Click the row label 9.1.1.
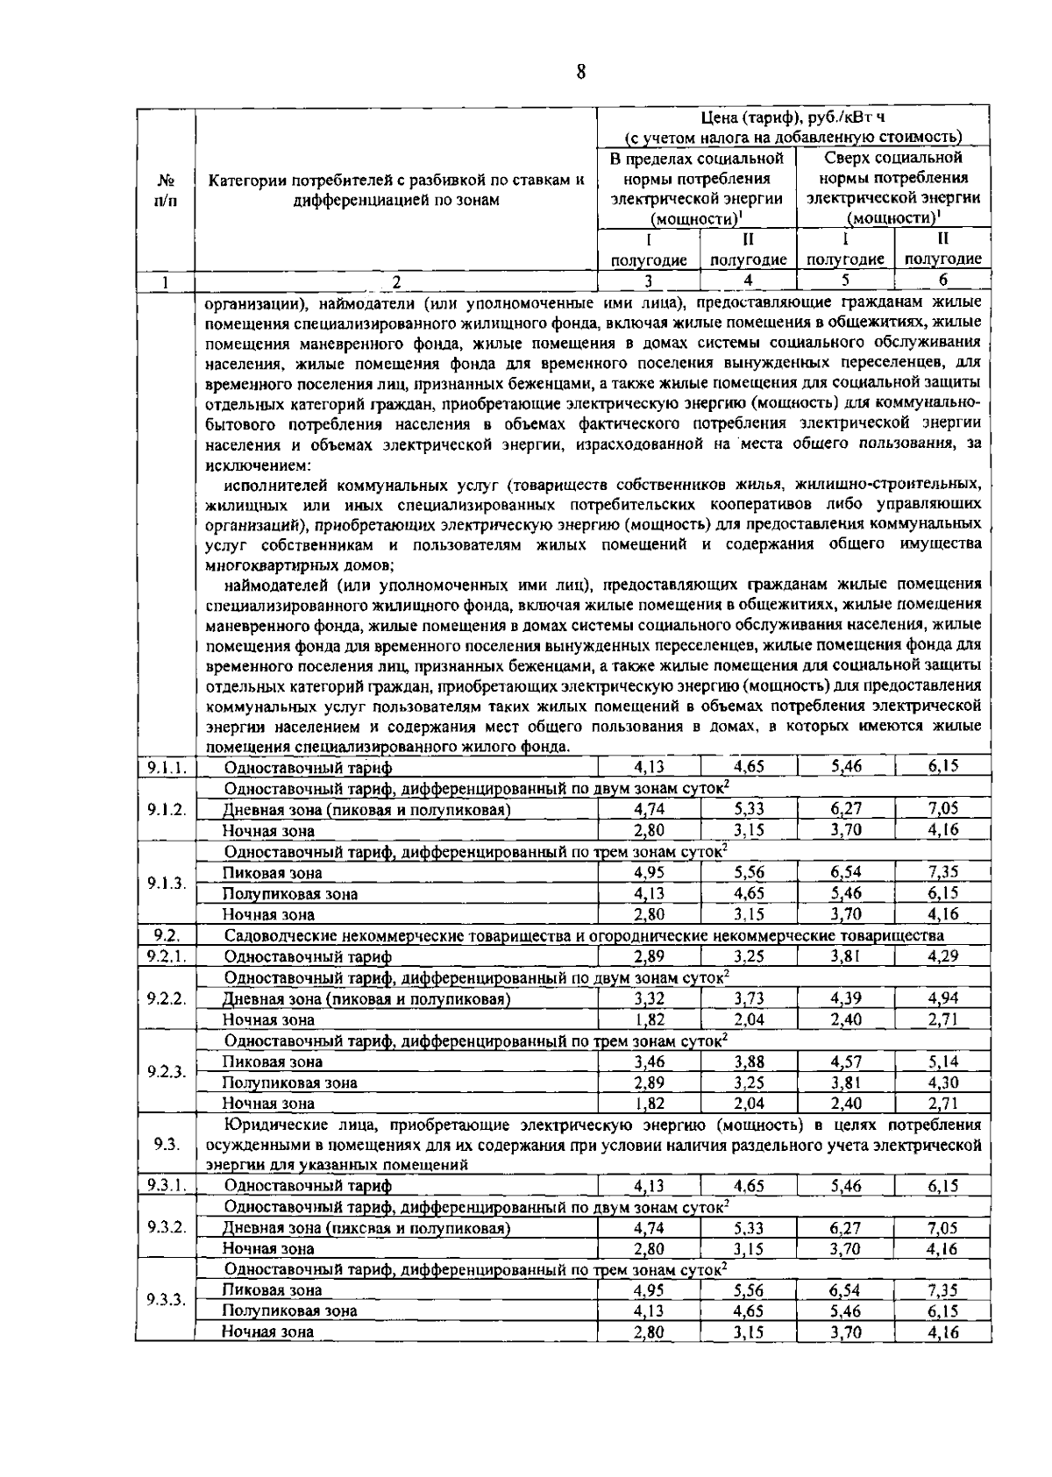pos(165,767)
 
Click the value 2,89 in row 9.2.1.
pos(649,956)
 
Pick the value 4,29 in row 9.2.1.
pos(942,956)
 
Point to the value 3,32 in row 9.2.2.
pos(649,998)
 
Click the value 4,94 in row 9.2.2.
pos(942,998)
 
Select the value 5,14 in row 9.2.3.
pos(942,1062)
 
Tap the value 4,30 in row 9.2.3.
pos(942,1083)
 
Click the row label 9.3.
pos(165,1144)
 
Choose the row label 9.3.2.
pos(165,1226)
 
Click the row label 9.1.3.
pos(165,883)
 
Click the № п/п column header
pos(165,190)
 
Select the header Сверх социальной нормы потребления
pos(893,167)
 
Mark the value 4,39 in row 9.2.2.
pos(845,998)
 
